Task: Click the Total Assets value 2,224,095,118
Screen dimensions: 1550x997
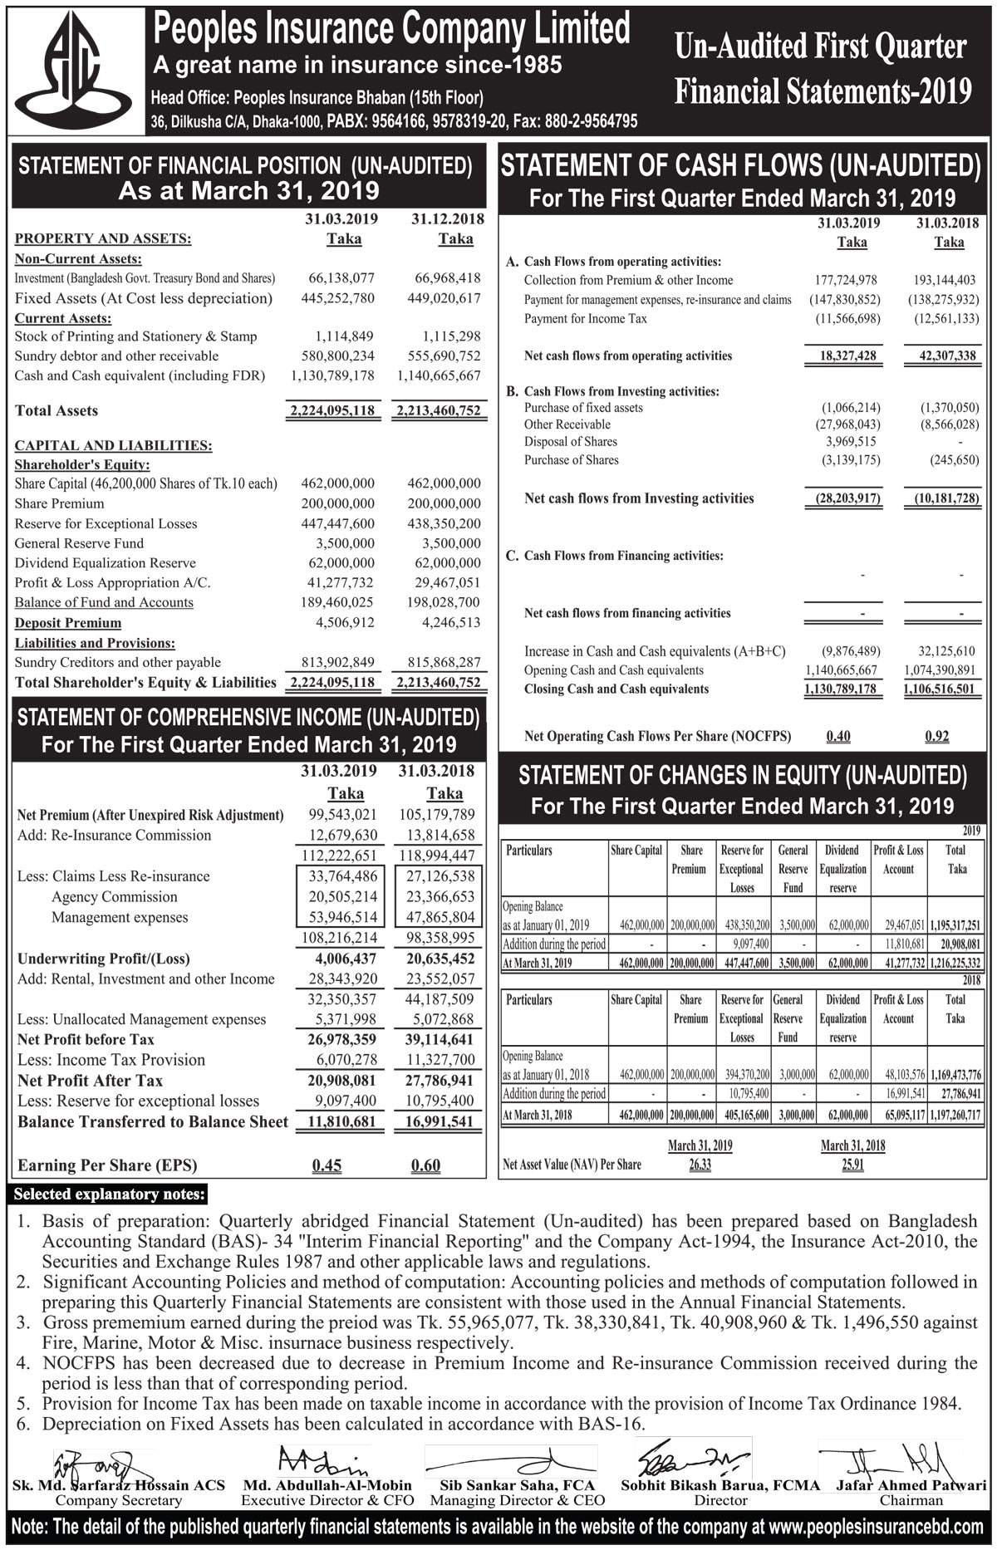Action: coord(332,410)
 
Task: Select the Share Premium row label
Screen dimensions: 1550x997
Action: coord(60,503)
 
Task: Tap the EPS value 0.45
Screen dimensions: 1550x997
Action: coord(327,1165)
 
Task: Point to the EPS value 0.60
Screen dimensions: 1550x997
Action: coord(425,1165)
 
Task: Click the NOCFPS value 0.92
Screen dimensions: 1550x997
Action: coord(936,736)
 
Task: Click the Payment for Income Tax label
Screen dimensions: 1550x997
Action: coord(586,319)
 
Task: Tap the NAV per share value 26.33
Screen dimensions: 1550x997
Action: coord(700,1165)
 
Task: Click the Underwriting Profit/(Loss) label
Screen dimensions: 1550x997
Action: coord(104,959)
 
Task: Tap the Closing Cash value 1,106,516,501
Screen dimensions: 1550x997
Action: coord(940,689)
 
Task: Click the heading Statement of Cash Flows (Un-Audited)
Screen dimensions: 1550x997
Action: coord(740,166)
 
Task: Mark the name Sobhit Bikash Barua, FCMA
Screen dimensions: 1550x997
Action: coord(720,1485)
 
